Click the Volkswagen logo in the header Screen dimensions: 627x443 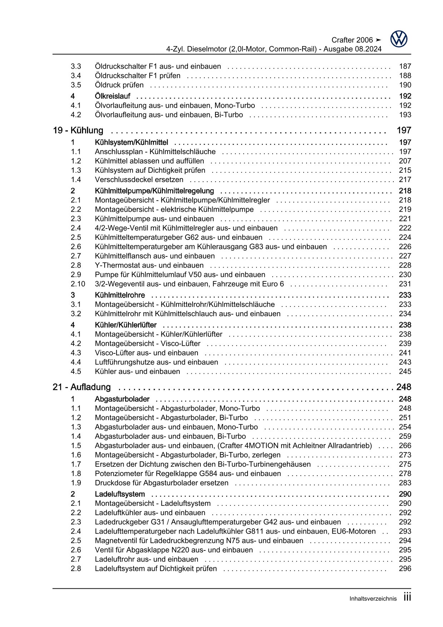(398, 39)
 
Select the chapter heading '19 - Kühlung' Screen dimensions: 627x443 (78, 131)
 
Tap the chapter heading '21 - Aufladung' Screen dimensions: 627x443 (81, 387)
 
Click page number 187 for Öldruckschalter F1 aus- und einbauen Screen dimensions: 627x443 (405, 66)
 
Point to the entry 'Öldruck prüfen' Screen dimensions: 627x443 (119, 85)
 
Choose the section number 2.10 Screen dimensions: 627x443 (78, 284)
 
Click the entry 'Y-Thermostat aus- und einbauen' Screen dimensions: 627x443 (149, 265)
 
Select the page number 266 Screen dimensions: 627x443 (405, 446)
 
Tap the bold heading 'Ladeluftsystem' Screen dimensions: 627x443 (120, 494)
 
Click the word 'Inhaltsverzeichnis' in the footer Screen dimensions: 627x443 (373, 599)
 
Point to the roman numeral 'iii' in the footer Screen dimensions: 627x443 (407, 597)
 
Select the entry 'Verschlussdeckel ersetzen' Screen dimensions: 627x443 (139, 180)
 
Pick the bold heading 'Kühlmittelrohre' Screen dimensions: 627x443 (120, 295)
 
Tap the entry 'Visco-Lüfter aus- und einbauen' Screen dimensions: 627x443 (146, 353)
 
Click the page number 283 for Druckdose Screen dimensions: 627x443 (405, 483)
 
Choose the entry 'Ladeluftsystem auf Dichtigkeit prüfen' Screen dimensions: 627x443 (156, 569)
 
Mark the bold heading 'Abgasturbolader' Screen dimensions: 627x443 (122, 399)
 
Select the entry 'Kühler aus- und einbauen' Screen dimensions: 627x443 (137, 371)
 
